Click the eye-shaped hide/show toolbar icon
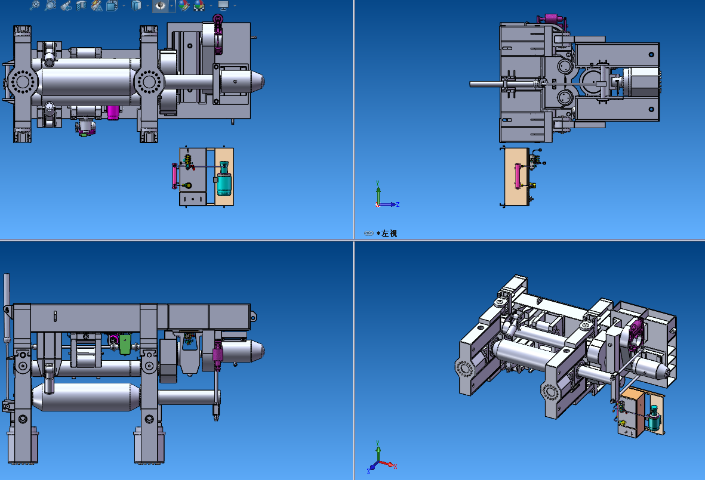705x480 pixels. pyautogui.click(x=160, y=5)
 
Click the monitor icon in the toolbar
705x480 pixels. pyautogui.click(x=223, y=5)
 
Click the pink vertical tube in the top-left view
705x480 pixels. pyautogui.click(x=174, y=176)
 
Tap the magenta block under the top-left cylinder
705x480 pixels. pyautogui.click(x=113, y=112)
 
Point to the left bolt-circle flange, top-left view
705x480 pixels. pyautogui.click(x=21, y=82)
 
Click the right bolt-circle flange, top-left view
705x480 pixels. pyautogui.click(x=148, y=82)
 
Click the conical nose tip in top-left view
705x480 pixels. pyautogui.click(x=262, y=82)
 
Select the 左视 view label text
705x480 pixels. pyautogui.click(x=389, y=234)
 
